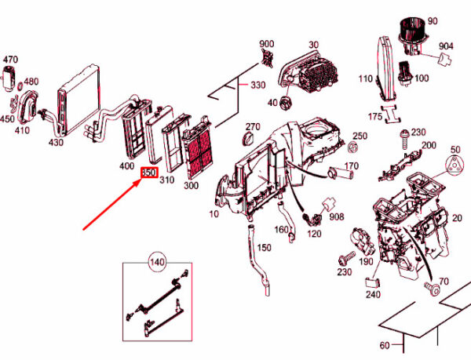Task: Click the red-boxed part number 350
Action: [149, 173]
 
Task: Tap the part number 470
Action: [10, 60]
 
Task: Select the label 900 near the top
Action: [267, 43]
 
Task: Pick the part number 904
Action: [446, 46]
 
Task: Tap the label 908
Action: [337, 216]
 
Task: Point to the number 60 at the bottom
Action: [385, 345]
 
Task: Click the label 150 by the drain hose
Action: [264, 248]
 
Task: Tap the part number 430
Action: [56, 143]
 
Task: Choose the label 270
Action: [252, 126]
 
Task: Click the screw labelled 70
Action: [430, 289]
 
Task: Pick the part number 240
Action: [372, 295]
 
